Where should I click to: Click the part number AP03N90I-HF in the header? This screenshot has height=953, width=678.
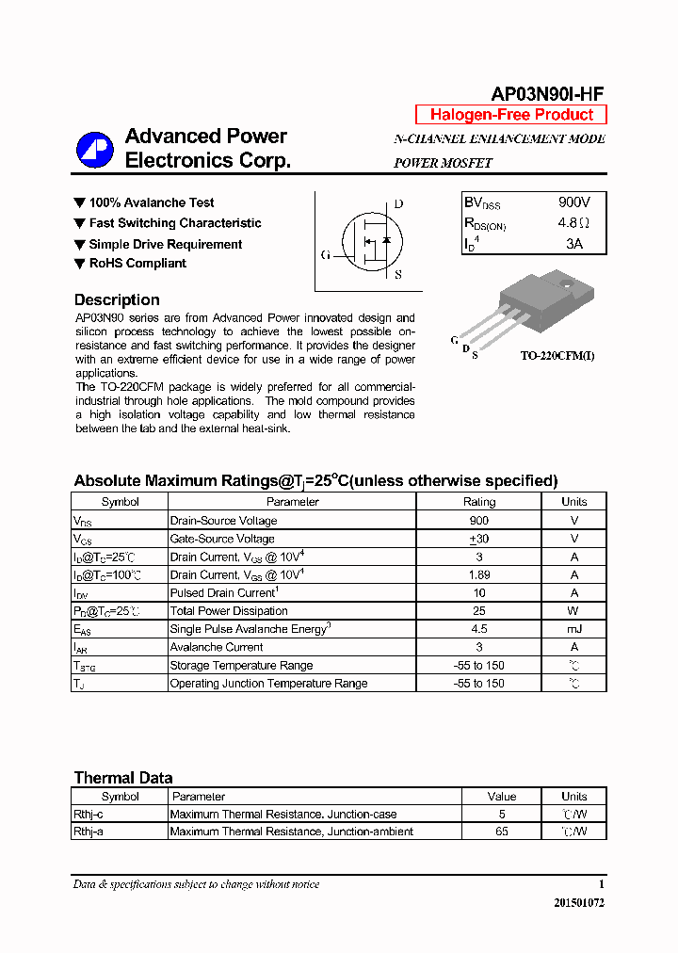(547, 93)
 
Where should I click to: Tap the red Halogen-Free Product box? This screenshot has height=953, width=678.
(511, 115)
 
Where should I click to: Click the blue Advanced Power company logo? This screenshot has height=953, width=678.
(95, 149)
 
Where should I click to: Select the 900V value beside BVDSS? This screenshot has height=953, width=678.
(573, 202)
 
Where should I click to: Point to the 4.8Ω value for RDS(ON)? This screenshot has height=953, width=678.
(573, 223)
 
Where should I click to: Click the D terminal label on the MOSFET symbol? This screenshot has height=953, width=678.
(398, 203)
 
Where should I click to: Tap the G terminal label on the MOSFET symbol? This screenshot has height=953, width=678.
(325, 255)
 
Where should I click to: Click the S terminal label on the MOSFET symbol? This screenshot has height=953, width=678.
(398, 275)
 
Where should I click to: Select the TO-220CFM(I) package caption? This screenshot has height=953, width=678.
(557, 356)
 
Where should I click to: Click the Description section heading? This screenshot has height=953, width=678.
(117, 299)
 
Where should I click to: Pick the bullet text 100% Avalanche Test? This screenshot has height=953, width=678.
(151, 202)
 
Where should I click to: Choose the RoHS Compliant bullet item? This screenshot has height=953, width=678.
(137, 264)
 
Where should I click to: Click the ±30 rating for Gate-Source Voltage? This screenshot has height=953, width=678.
(478, 539)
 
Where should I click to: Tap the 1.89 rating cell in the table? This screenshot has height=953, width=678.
(478, 574)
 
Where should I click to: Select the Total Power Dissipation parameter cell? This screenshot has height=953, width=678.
(229, 611)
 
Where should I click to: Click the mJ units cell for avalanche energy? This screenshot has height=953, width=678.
(573, 629)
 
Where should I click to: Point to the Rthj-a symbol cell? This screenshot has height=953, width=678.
(89, 832)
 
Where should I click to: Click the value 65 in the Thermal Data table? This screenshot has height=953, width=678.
(502, 832)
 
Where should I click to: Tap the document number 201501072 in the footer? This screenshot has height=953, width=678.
(578, 902)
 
